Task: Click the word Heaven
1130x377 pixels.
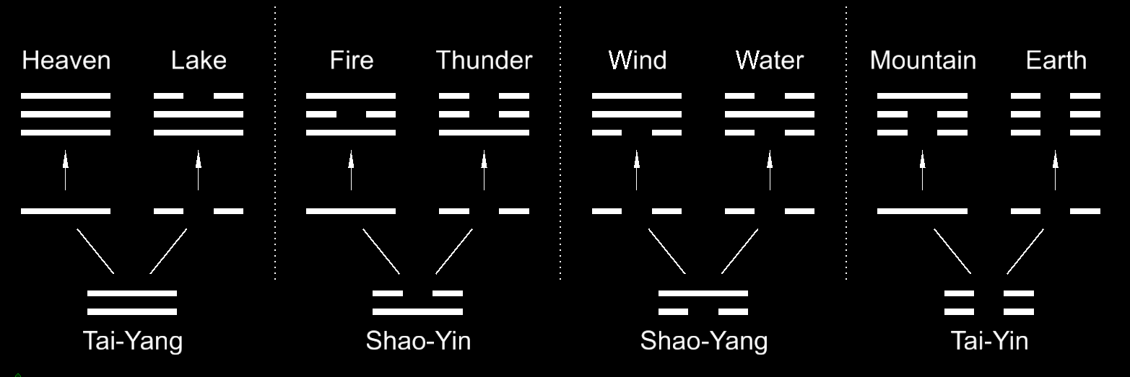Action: click(66, 61)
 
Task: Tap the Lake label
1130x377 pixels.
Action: click(199, 61)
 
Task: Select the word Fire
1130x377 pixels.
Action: click(352, 61)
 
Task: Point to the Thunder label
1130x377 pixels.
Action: click(484, 61)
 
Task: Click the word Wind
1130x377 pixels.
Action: click(637, 61)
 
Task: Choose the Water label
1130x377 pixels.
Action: click(770, 61)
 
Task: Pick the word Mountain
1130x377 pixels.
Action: click(923, 61)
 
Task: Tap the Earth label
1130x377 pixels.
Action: click(1056, 61)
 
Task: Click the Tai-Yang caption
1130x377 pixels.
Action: click(132, 340)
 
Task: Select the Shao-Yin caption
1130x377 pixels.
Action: click(418, 340)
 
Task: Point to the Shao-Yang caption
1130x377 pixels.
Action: click(703, 340)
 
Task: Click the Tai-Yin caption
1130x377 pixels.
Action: click(989, 340)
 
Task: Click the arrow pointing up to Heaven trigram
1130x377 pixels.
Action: click(66, 170)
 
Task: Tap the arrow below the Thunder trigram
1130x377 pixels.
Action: click(484, 170)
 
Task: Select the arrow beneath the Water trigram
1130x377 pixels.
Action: click(770, 170)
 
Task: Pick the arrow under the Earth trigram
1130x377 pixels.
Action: click(1056, 170)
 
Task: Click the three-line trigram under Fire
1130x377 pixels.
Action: click(352, 114)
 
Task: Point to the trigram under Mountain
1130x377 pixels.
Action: click(923, 114)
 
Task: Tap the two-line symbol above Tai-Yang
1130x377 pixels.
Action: click(132, 303)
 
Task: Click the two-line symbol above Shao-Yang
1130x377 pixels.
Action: click(703, 303)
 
